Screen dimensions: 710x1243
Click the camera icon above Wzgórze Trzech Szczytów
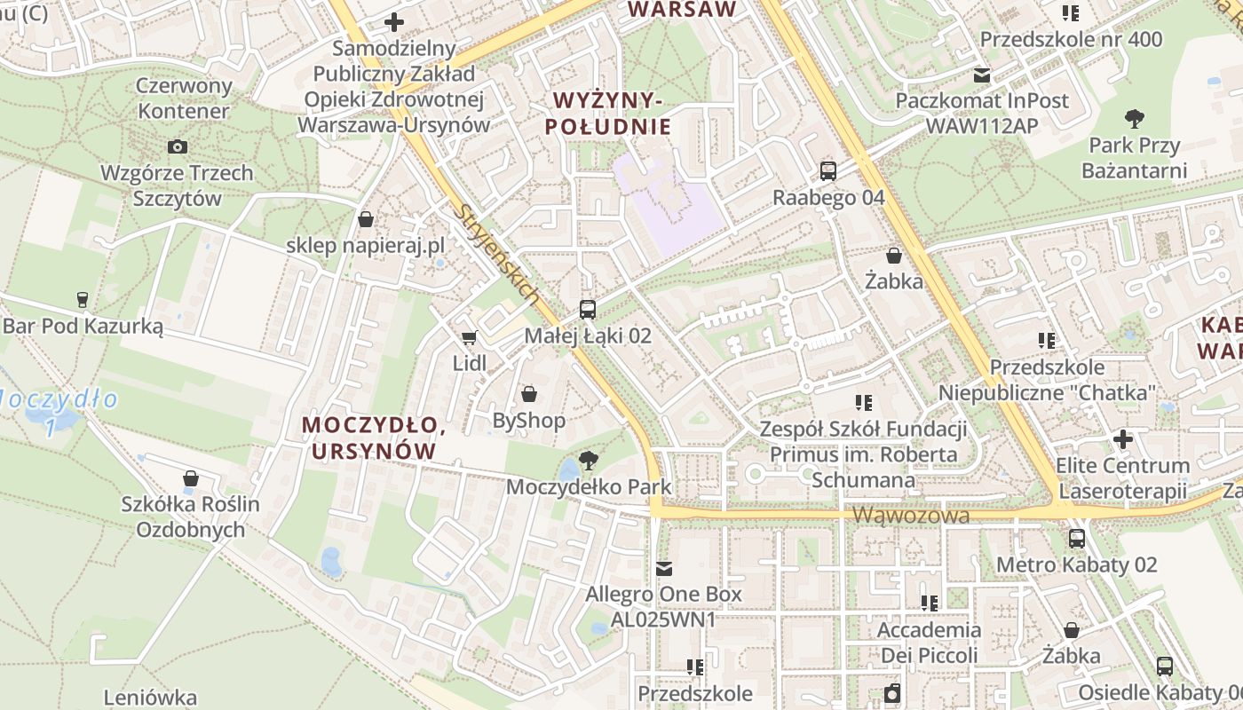coord(177,146)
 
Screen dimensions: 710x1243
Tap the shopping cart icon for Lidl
coord(469,337)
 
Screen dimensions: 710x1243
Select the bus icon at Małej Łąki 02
coord(587,310)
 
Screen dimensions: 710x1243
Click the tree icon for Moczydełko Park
coord(587,460)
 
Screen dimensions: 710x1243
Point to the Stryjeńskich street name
coord(497,253)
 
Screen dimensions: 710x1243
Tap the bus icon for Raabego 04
coord(828,171)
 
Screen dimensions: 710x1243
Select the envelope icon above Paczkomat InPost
coord(982,75)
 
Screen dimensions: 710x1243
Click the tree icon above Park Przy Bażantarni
coord(1134,118)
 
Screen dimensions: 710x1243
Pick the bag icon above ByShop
coord(529,394)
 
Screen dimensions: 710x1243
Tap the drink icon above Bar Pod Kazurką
coord(83,299)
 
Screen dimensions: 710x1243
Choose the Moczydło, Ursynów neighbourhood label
coord(374,438)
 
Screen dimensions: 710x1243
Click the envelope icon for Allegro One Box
coord(664,568)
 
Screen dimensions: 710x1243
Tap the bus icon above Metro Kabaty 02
coord(1077,538)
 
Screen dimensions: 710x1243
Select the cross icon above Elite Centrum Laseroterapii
coord(1122,439)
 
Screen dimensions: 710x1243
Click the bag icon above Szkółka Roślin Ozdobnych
coord(190,478)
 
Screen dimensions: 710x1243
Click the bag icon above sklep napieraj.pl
coord(365,219)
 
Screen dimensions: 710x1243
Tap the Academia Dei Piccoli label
coord(929,643)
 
